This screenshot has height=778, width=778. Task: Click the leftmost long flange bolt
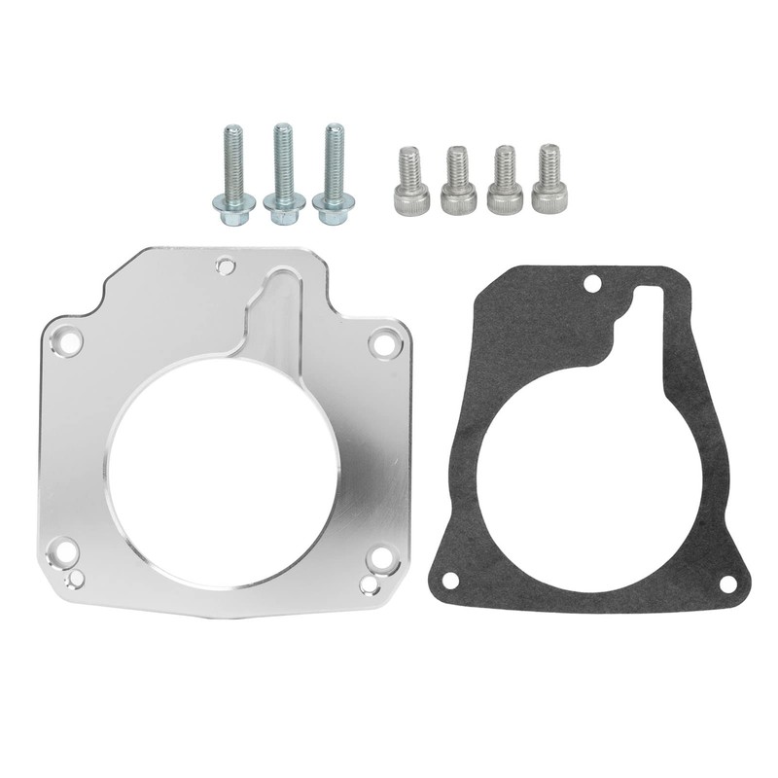[233, 175]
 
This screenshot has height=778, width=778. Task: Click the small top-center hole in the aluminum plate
[226, 264]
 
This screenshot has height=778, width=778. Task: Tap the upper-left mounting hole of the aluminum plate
[68, 341]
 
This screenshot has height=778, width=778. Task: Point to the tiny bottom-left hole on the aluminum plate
[75, 580]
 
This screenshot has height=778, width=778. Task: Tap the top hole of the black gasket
[590, 286]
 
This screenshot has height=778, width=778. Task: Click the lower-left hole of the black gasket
[449, 580]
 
